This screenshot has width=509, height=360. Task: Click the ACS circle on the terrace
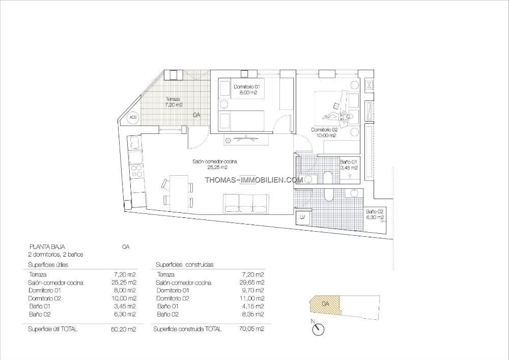(x=133, y=117)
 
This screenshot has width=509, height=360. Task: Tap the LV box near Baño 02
(x=303, y=217)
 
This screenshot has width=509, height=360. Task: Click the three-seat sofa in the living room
(x=246, y=204)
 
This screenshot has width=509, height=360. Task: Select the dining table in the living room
(x=179, y=193)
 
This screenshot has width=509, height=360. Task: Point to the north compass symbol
(x=318, y=328)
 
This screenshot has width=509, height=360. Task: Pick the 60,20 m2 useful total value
(x=123, y=329)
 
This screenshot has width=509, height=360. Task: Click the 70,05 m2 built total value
(x=251, y=329)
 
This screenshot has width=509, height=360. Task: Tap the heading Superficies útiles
(x=48, y=265)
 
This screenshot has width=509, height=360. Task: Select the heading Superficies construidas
(x=184, y=265)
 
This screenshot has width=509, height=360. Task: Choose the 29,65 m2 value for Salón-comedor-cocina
(x=251, y=283)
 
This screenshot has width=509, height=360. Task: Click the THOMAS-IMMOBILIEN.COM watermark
(x=254, y=180)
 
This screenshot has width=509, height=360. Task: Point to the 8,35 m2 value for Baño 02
(x=252, y=314)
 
